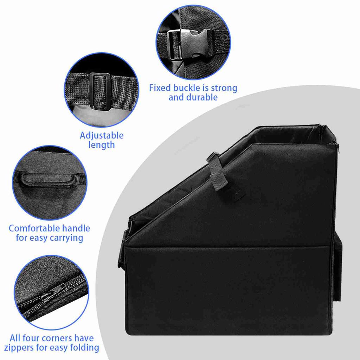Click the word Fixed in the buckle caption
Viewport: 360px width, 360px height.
[159, 88]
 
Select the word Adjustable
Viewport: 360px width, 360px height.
[102, 136]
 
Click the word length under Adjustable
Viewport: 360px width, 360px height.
[102, 145]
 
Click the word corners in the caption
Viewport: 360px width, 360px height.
[56, 339]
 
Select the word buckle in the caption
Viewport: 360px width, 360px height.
[186, 88]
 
